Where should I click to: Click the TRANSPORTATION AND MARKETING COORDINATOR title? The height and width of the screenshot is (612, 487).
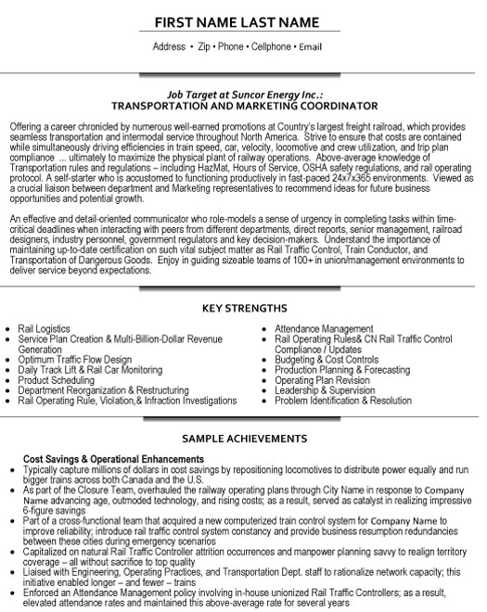click(x=243, y=108)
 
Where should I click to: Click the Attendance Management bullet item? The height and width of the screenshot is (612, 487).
click(x=324, y=329)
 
